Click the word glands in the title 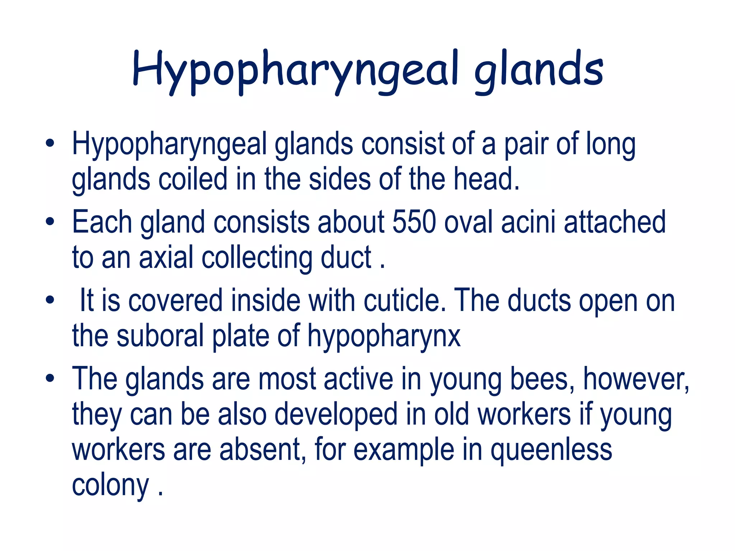click(539, 70)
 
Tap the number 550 click(414, 222)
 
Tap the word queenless click(551, 450)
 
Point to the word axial click(166, 257)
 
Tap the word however click(636, 379)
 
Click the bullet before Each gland click(50, 221)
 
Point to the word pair click(526, 145)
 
